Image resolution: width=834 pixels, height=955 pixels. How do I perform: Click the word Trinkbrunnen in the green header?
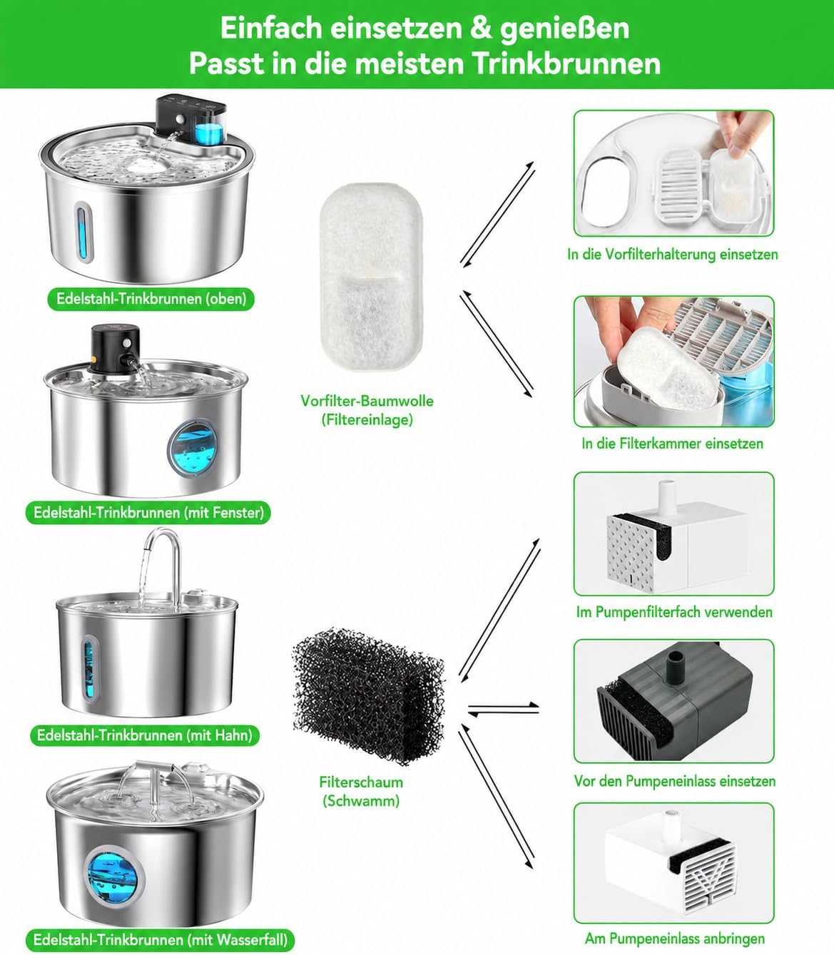point(567,63)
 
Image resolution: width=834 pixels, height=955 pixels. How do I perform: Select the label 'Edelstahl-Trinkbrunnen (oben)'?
point(151,299)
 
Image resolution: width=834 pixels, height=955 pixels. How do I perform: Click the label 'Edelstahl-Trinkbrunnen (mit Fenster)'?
point(148,513)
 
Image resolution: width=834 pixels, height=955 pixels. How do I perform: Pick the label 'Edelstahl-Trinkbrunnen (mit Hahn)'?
point(144,735)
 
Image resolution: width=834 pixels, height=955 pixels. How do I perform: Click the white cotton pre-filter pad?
point(371,277)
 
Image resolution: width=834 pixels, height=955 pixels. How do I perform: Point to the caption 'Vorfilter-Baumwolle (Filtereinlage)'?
point(367,410)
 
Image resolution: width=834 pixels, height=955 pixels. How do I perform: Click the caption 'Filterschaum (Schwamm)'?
point(361,791)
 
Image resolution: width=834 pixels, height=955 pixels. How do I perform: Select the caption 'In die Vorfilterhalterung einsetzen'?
point(673,255)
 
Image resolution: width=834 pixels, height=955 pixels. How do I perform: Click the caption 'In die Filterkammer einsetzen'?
point(673,443)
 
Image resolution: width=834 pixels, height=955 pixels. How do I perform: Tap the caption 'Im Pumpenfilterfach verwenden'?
point(674,612)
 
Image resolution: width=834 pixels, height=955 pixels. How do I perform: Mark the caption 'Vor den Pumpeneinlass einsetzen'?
point(675,781)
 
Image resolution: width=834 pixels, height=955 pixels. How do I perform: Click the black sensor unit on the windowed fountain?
point(114,349)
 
